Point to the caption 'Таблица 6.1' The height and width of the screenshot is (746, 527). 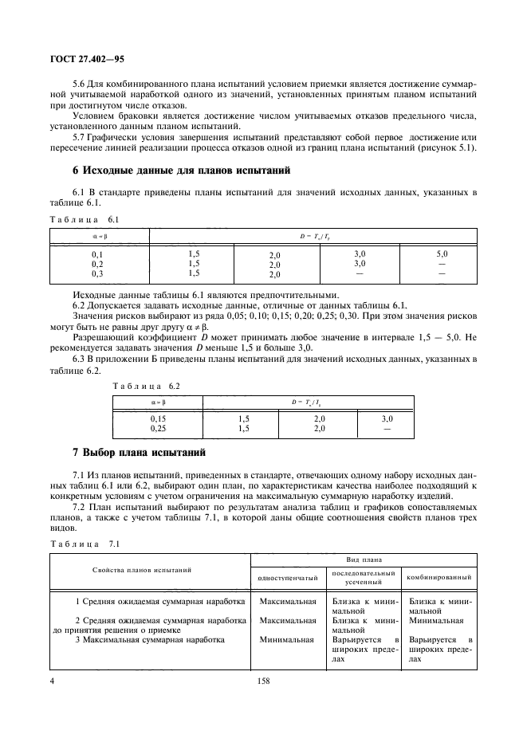[84, 219]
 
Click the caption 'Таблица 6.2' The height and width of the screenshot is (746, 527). [147, 385]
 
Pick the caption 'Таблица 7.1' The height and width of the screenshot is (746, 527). [84, 543]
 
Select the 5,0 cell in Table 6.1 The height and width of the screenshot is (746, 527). [441, 253]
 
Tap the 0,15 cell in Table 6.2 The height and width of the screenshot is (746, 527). [163, 418]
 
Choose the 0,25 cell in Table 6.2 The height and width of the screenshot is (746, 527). [163, 428]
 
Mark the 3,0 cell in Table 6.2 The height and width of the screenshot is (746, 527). [387, 418]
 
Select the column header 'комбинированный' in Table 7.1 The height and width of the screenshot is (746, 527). [439, 577]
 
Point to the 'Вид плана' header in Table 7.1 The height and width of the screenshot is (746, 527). [363, 560]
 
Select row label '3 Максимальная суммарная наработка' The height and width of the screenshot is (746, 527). [150, 639]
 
